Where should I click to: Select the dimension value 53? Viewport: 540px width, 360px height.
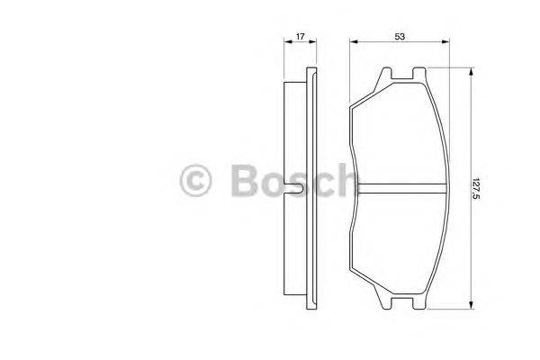[x=398, y=36]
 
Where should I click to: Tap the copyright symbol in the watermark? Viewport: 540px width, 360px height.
[x=197, y=180]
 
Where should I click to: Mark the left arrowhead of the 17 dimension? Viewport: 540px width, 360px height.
[x=286, y=42]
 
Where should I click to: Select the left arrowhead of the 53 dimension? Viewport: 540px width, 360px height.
[x=352, y=42]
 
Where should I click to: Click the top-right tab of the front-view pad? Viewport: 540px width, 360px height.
[x=417, y=76]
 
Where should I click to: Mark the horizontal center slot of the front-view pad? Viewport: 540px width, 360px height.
[x=401, y=188]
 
